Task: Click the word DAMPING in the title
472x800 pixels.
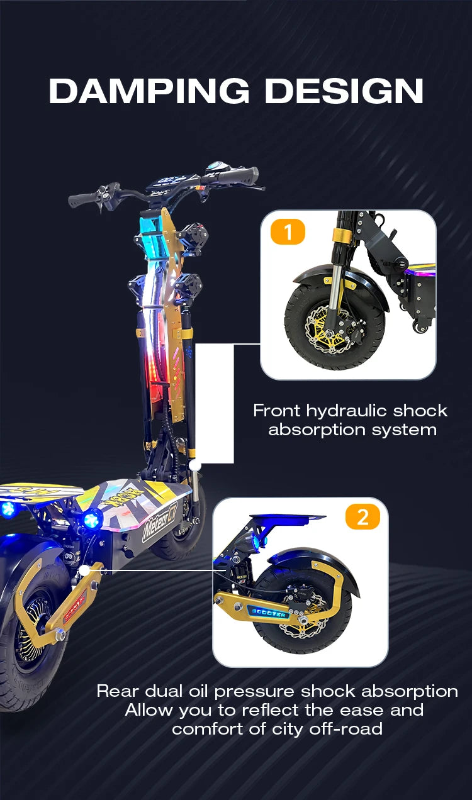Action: (x=149, y=91)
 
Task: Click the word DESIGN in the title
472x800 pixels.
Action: (x=344, y=91)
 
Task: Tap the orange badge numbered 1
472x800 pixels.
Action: (x=288, y=232)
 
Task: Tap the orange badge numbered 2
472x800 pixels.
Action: (x=362, y=518)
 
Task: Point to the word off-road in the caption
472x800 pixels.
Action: (x=346, y=729)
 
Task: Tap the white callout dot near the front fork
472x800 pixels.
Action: (x=195, y=465)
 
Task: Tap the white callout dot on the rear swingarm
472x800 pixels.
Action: (x=84, y=570)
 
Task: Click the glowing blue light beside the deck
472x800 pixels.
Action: (x=93, y=519)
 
